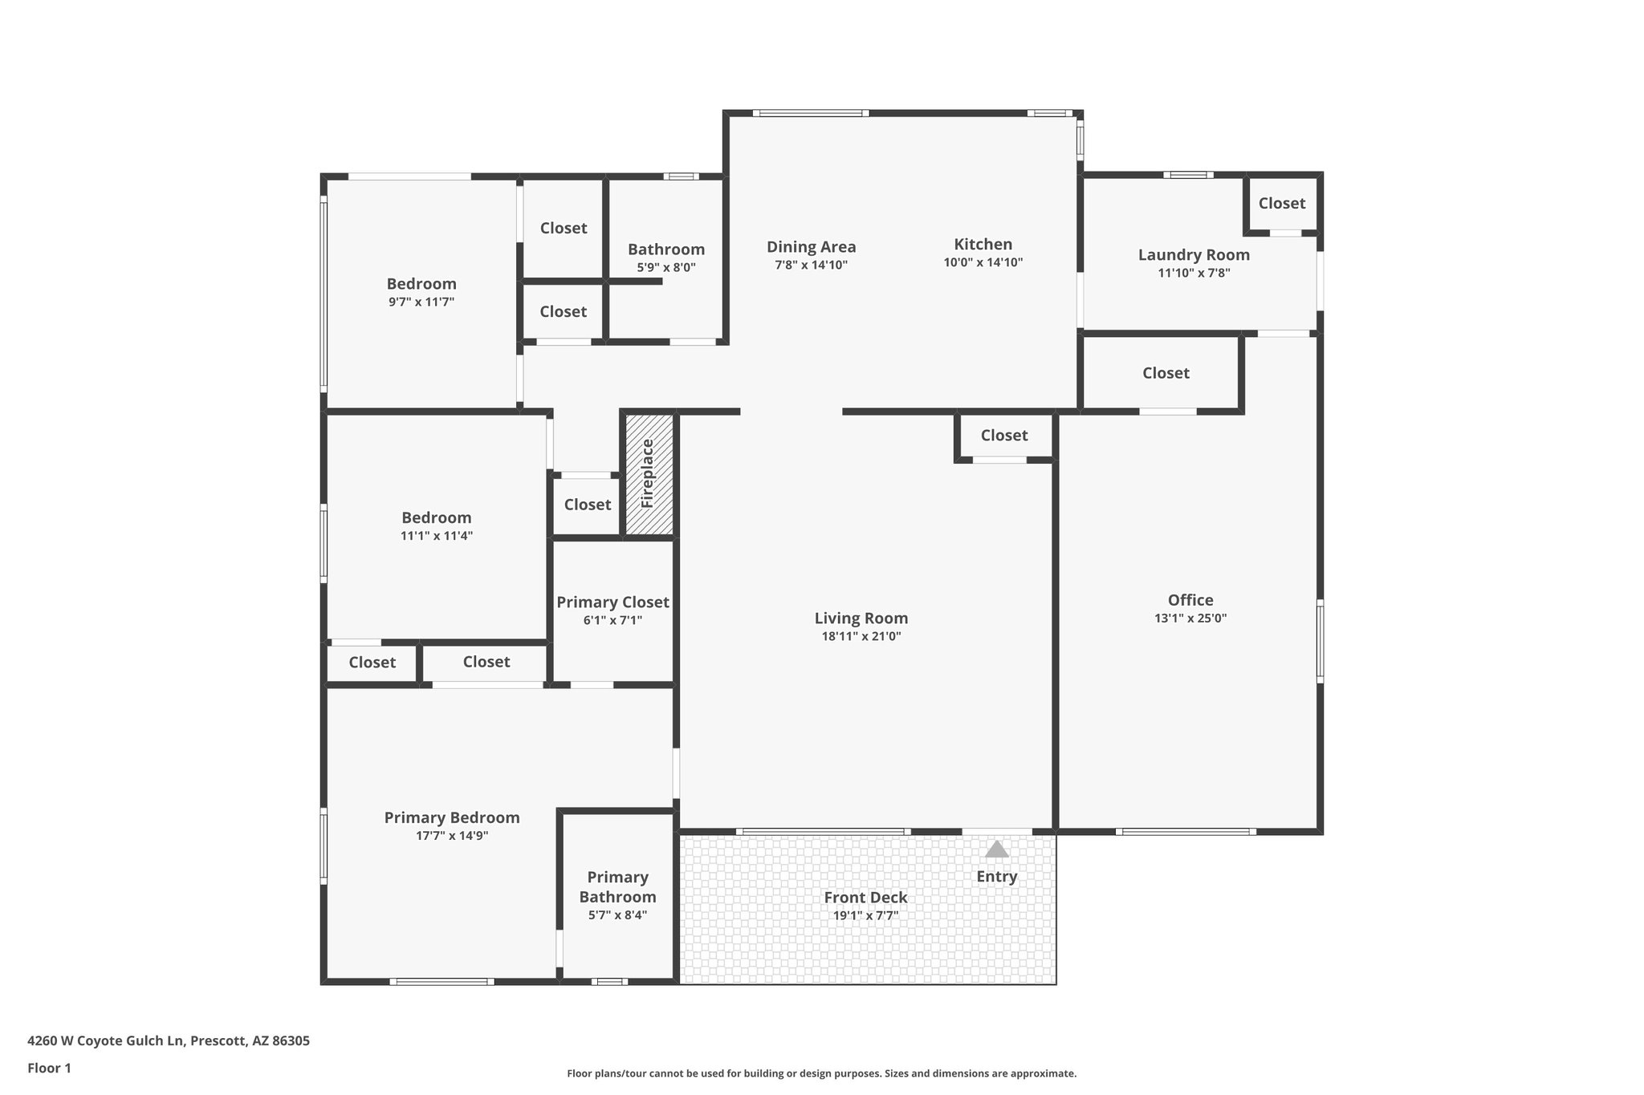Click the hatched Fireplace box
click(649, 474)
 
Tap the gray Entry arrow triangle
click(996, 849)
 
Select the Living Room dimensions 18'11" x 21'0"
click(861, 636)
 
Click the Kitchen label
click(983, 244)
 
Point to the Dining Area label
click(811, 247)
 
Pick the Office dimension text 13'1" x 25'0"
click(1190, 618)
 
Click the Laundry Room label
click(1193, 255)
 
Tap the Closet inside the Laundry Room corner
click(1281, 204)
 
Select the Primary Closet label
click(612, 602)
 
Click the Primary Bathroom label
click(617, 886)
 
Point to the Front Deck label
click(865, 898)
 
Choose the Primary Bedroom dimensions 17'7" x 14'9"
click(452, 835)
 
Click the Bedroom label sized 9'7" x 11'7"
click(421, 284)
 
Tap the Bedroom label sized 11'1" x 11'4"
click(437, 518)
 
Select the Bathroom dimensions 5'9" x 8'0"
click(666, 267)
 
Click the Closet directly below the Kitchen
click(1003, 436)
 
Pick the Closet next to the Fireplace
click(587, 505)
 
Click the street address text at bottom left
click(168, 1040)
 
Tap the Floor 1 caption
click(49, 1068)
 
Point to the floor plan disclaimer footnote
click(821, 1073)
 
